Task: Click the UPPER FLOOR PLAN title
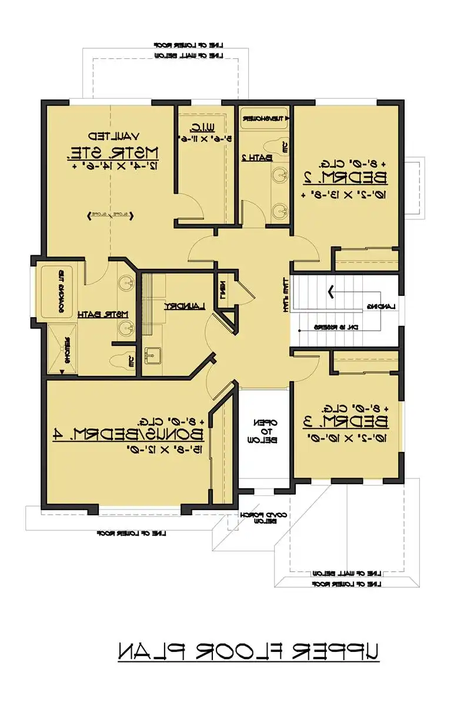(x=248, y=651)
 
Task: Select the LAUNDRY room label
(x=183, y=306)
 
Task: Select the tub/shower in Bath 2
(x=263, y=118)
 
